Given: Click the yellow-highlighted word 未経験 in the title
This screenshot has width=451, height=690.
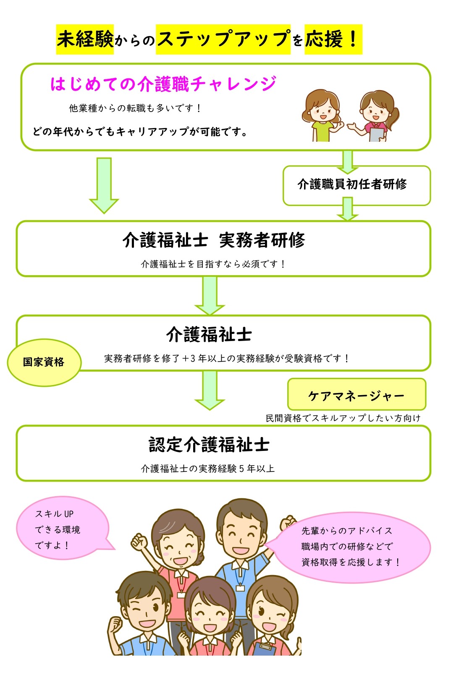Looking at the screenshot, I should coord(85,39).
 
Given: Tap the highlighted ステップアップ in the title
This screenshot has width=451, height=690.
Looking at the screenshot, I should coord(223,39).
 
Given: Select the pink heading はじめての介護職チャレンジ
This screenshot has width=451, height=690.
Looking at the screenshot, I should coord(163,84).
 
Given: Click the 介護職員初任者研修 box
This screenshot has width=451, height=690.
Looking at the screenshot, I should coord(356,185).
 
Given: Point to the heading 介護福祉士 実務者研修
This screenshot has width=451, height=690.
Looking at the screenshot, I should coord(214,240).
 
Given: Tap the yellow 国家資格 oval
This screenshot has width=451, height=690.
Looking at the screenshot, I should coord(44,362).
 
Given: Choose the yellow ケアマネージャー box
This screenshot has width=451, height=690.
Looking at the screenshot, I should coord(356,395).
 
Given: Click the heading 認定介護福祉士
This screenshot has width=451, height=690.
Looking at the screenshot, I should coord(209,445).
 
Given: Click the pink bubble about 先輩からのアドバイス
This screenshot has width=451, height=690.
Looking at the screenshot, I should coord(351,547).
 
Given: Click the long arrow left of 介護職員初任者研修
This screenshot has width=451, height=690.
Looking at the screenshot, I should coord(104,185).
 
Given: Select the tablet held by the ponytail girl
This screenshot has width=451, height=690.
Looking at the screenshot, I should coord(376,135).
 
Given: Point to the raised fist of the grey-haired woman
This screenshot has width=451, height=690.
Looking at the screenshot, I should coord(139,542).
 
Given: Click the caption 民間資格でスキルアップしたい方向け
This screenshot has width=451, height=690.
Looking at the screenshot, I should coord(343,418).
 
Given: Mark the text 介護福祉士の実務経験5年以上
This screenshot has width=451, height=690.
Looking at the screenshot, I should coord(208,469).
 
